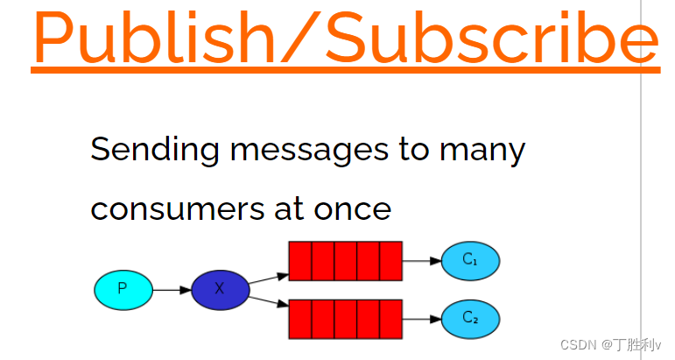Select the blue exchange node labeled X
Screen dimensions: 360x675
point(220,289)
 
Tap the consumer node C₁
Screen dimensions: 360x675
point(470,260)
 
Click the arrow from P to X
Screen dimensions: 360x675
point(172,289)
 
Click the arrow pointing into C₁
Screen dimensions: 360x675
point(422,261)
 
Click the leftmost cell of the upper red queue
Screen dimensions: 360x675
point(300,261)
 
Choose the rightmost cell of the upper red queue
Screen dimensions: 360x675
point(390,261)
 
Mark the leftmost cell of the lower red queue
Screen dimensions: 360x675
point(300,319)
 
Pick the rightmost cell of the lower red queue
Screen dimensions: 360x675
point(390,319)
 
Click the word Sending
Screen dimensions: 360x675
point(154,151)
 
